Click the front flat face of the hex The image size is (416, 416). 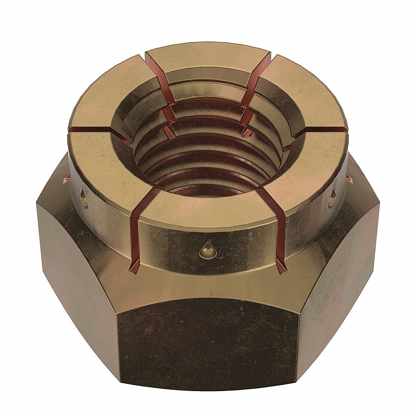click(x=208, y=341)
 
